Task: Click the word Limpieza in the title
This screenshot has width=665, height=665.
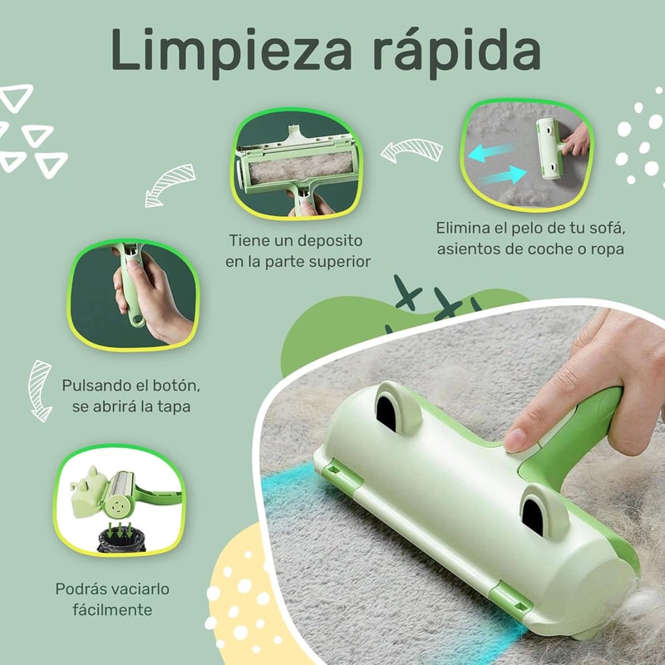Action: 232,51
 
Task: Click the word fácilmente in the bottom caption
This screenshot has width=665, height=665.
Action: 112,610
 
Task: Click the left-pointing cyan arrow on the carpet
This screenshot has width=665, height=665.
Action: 491,153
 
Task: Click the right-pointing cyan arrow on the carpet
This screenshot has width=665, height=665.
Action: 505,175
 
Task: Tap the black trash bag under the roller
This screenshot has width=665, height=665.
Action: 121,539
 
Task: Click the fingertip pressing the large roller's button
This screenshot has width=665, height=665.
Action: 516,440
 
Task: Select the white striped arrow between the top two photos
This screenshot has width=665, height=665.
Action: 411,150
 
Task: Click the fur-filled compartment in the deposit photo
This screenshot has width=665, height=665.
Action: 301,168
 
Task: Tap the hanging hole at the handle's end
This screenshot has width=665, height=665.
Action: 136,319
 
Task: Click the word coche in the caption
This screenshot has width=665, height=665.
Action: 550,249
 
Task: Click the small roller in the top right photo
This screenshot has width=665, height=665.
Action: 549,148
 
